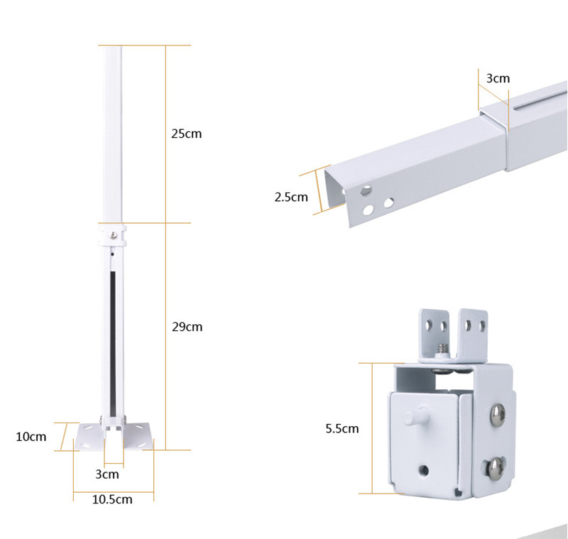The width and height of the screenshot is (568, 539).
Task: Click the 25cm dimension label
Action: (x=186, y=134)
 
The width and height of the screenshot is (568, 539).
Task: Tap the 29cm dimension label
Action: (x=187, y=327)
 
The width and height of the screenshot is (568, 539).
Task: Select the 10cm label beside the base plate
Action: (x=31, y=437)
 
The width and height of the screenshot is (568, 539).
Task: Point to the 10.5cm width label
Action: (x=112, y=499)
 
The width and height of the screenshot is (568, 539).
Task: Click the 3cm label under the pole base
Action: (x=107, y=474)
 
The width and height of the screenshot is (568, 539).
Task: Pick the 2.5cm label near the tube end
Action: (x=291, y=197)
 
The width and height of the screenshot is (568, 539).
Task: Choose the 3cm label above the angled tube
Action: (x=498, y=78)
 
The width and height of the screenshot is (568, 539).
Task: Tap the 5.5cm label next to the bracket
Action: (x=342, y=428)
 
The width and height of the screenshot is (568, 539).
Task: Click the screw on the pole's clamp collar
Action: (x=114, y=236)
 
